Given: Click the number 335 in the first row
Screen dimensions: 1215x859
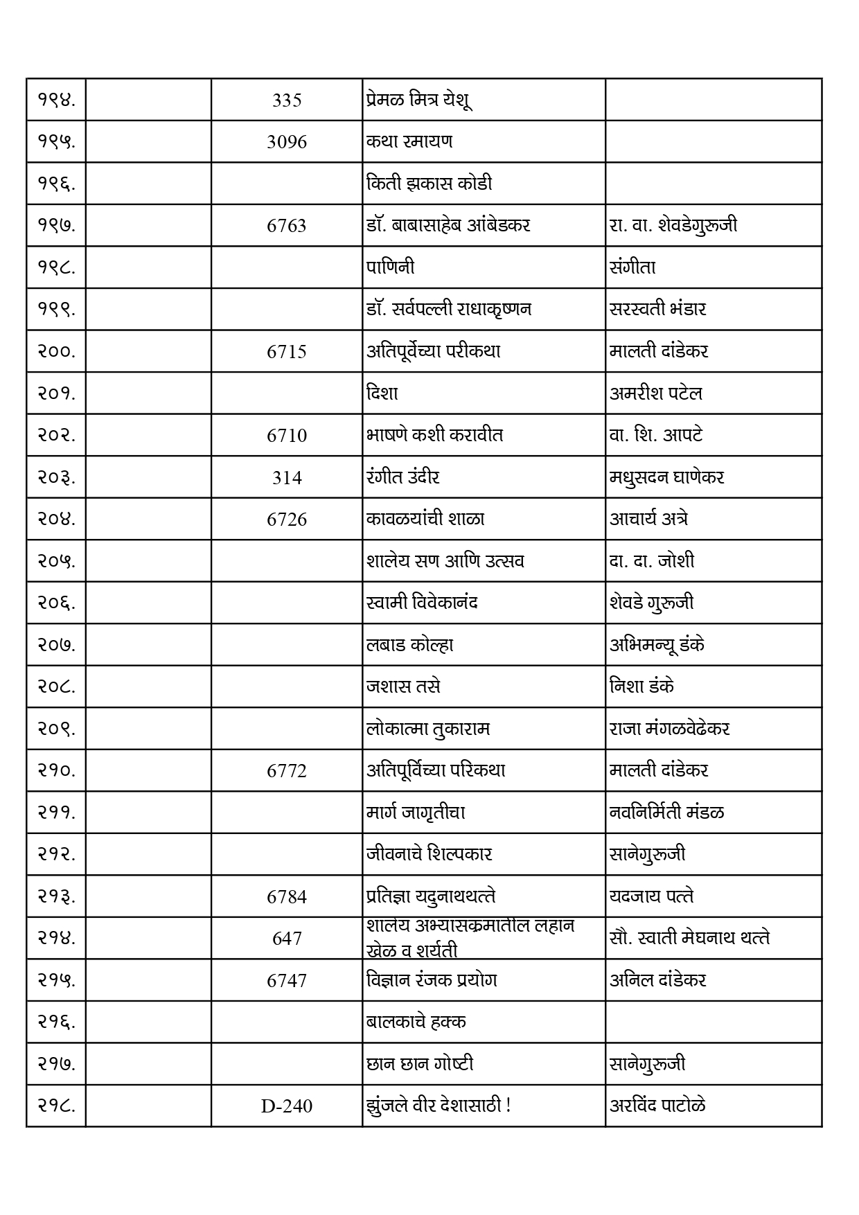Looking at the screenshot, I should (286, 100).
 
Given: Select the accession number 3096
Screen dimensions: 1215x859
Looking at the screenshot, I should (286, 142).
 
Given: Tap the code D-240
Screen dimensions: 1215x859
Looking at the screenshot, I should (286, 1106).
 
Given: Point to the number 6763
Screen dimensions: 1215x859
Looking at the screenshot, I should (286, 226).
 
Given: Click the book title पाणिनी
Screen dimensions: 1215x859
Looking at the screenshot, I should (391, 267).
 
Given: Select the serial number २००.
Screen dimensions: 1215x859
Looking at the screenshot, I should (56, 351).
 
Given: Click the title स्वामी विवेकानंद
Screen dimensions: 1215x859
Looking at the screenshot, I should (422, 603).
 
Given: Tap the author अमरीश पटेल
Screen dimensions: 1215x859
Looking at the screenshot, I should (655, 393).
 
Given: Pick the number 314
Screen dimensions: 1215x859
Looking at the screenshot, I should (286, 477).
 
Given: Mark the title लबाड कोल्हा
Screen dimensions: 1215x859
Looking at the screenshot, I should (410, 645).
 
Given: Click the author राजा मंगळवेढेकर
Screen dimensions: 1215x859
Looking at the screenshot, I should (669, 729).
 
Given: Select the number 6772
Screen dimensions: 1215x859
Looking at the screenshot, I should (286, 771).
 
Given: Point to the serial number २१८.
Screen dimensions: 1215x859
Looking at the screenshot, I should (56, 1106).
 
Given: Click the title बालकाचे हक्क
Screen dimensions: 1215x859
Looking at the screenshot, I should (416, 1022).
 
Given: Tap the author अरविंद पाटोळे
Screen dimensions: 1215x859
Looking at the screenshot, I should (657, 1106).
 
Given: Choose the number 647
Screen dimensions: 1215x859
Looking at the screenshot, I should (286, 939).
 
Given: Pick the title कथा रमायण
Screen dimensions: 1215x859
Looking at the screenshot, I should (409, 141).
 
